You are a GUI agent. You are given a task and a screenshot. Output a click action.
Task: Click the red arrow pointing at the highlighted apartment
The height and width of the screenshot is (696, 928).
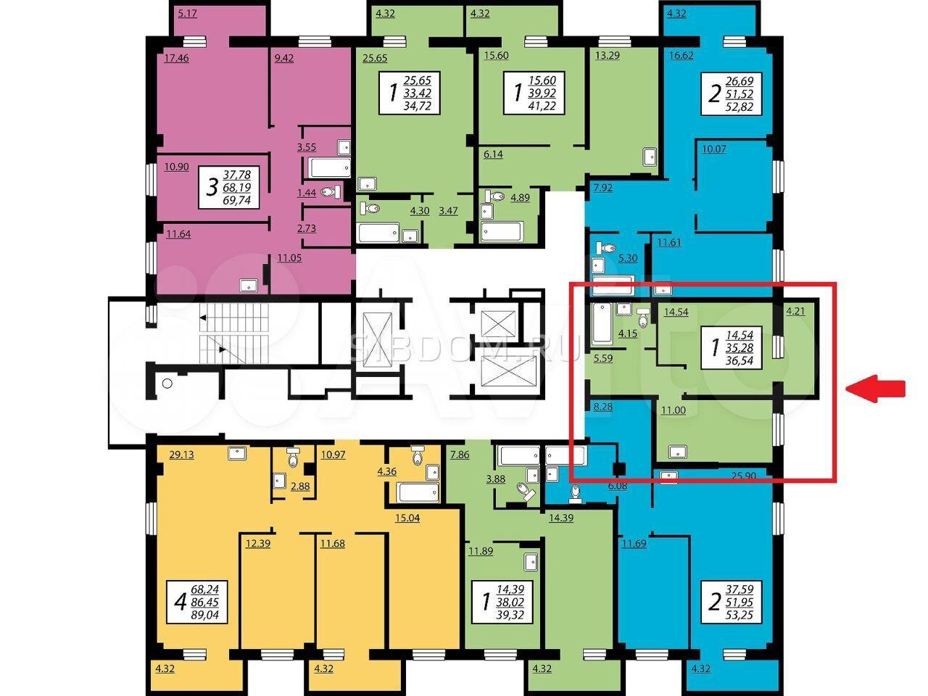point(876,389)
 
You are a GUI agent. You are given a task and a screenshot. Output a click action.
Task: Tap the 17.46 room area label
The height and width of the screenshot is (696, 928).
point(176,58)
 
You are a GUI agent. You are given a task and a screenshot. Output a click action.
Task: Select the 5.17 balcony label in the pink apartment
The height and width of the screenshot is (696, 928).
point(187,14)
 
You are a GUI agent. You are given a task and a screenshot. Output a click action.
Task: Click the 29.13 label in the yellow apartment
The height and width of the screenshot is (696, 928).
point(181,455)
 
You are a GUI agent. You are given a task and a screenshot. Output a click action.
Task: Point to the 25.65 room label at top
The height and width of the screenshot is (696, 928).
point(375,58)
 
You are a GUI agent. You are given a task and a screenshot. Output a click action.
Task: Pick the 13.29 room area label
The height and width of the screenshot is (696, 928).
point(607,55)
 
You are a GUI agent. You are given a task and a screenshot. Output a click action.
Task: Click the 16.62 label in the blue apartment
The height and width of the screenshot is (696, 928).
point(681,55)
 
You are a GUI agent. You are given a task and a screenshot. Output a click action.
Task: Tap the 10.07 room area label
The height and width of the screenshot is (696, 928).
point(714,149)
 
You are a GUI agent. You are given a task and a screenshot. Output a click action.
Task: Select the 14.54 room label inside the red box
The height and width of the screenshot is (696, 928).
point(676,312)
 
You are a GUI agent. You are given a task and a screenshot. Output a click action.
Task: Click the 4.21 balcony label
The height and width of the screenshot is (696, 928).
point(795,312)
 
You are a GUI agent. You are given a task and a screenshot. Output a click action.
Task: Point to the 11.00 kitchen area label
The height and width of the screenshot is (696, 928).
point(674,410)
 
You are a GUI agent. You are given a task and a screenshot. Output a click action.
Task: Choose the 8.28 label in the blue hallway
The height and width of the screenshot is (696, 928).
point(603,407)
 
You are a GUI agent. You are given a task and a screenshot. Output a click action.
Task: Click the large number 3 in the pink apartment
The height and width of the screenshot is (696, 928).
point(212,187)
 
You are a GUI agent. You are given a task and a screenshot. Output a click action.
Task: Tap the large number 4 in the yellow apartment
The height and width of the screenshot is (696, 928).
point(181,602)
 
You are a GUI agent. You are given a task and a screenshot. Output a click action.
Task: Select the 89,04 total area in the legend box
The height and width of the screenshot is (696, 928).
point(204,615)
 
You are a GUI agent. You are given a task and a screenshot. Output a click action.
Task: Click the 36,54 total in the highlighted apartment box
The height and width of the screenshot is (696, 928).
point(739,360)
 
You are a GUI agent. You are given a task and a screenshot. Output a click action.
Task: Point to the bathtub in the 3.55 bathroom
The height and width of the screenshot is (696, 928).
point(330,167)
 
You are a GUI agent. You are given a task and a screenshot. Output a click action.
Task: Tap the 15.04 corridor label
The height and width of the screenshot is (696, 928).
point(407,518)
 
